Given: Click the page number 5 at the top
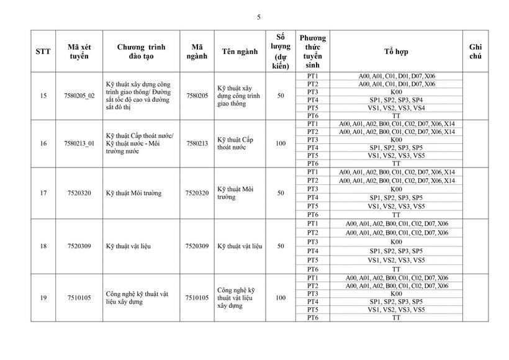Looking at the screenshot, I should click(258, 17).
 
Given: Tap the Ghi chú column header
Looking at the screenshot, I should click(475, 52).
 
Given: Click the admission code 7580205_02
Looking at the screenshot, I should click(79, 96).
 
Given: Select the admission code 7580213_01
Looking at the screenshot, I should click(79, 143).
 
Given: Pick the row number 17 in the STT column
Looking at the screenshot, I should click(43, 193).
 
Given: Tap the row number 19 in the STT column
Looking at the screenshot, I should click(43, 298).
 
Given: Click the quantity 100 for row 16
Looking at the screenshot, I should click(281, 143).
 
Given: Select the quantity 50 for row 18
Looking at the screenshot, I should click(281, 246).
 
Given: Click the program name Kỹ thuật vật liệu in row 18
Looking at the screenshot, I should click(128, 246).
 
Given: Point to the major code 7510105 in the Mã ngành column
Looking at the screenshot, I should click(197, 298).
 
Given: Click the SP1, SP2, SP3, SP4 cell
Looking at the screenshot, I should click(396, 100).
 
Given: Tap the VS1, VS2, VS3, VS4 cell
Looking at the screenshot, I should click(396, 108).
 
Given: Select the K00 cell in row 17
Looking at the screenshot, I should click(396, 189).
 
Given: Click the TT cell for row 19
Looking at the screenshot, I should click(396, 318).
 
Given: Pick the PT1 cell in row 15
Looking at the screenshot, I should click(313, 76).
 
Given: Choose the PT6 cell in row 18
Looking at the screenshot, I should click(313, 269).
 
